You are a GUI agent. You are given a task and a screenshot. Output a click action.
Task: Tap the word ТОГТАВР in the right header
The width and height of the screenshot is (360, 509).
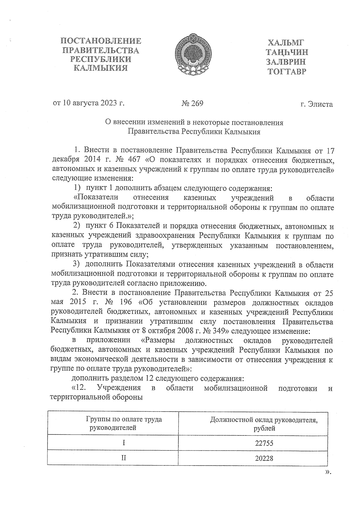287,71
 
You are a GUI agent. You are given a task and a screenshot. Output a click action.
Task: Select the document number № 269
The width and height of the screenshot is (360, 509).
192,103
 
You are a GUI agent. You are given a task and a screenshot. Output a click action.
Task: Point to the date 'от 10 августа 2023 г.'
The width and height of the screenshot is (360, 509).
89,103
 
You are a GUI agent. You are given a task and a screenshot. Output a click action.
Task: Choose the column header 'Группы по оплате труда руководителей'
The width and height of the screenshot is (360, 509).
124,423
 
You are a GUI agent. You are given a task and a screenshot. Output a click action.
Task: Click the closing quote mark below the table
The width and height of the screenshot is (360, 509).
328,472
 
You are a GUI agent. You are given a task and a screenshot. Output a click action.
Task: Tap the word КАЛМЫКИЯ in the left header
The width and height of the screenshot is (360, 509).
101,68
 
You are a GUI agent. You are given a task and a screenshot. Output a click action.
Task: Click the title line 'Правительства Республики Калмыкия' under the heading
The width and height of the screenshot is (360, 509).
194,132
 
